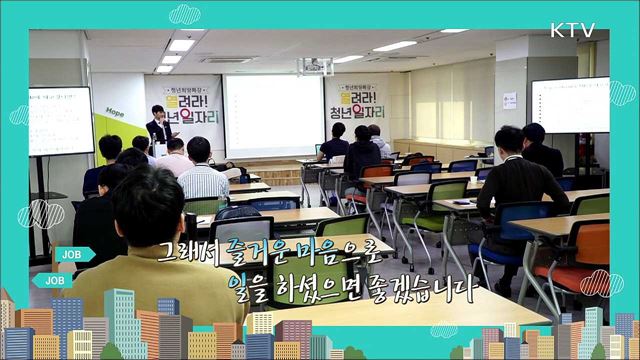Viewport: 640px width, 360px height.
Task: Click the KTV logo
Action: [x=571, y=30]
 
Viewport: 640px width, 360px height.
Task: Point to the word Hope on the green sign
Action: [x=115, y=113]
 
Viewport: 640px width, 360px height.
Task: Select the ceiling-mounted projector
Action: [x=314, y=66]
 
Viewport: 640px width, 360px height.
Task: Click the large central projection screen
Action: [x=273, y=116]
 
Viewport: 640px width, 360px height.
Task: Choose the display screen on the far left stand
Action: [x=61, y=121]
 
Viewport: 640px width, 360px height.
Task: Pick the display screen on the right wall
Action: [x=570, y=105]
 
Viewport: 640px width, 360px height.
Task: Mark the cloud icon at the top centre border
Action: [x=184, y=14]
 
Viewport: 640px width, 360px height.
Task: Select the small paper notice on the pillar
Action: [x=509, y=101]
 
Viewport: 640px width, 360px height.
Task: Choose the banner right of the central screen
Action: [x=356, y=106]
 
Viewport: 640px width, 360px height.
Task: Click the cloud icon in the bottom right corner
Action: [x=600, y=283]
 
